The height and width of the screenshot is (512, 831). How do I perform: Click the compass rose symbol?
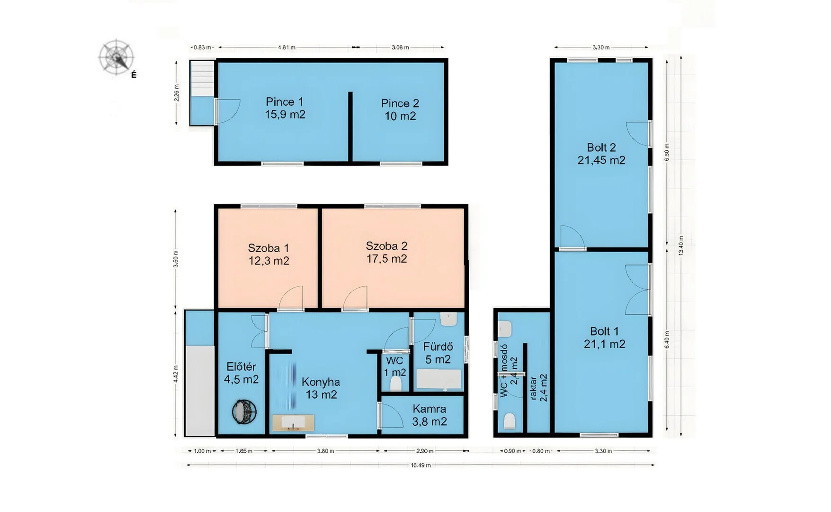[116, 57]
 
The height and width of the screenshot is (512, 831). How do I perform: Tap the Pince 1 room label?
[284, 101]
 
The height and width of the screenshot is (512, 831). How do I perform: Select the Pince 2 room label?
[400, 103]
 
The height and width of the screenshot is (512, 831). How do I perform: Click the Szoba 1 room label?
[268, 248]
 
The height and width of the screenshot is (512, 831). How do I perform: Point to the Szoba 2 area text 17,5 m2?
[386, 259]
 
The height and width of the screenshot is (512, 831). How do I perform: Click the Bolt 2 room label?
[601, 147]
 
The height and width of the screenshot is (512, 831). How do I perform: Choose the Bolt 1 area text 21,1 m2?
[604, 344]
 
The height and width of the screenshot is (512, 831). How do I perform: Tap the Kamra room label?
[429, 409]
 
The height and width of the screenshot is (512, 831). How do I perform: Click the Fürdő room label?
[438, 347]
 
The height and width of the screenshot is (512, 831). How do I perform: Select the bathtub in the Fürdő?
[439, 380]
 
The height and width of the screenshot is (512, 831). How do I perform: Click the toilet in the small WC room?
[396, 383]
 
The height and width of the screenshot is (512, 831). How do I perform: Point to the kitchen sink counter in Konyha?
[293, 422]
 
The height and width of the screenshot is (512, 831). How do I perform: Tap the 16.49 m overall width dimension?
[420, 465]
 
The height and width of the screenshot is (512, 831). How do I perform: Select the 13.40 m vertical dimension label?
[681, 246]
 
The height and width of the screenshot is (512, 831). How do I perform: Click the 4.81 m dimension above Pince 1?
[286, 47]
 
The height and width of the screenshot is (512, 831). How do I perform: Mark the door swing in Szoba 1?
[290, 298]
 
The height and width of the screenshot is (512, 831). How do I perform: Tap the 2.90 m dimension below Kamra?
[425, 451]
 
